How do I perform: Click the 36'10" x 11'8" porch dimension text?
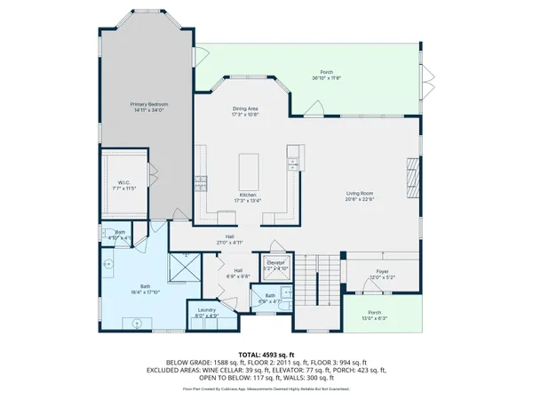point(327,77)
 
